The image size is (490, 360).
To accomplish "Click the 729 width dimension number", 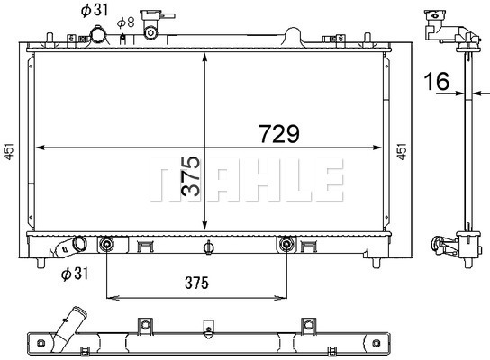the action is (279, 134).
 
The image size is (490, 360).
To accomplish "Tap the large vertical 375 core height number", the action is (190, 176).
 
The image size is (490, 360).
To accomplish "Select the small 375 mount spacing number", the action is (196, 283).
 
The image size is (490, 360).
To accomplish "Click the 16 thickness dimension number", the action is (437, 81).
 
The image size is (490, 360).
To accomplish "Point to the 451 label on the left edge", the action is (9, 152).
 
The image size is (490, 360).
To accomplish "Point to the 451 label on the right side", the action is (402, 152).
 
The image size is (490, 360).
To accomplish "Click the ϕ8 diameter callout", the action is (126, 22).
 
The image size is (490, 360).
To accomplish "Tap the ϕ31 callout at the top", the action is (95, 10).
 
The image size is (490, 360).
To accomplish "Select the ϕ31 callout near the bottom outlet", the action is (75, 274).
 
